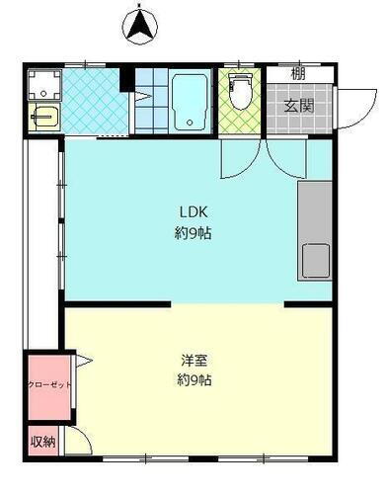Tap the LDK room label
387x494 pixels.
(193, 211)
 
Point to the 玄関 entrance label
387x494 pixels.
(298, 105)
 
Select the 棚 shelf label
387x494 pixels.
(298, 73)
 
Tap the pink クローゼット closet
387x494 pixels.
(47, 384)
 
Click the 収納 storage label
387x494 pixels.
(42, 442)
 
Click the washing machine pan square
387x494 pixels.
(44, 83)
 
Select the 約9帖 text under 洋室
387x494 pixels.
(193, 380)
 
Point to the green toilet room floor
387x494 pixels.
(239, 123)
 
